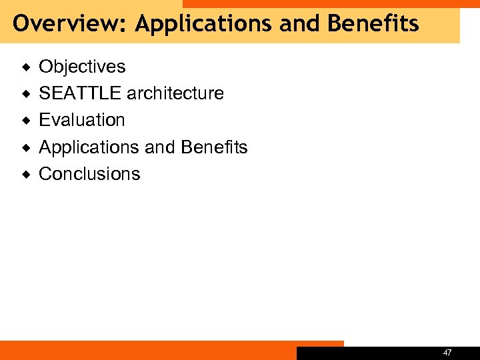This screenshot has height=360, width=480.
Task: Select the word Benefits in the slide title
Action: tap(373, 24)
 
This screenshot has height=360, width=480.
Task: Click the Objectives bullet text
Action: tap(82, 67)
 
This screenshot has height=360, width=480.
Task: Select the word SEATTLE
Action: tap(80, 93)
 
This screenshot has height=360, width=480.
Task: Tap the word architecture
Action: tap(175, 93)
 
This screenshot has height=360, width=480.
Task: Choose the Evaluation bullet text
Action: tap(82, 120)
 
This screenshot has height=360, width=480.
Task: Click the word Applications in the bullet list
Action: tap(89, 147)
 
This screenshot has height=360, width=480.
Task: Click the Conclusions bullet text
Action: tap(89, 174)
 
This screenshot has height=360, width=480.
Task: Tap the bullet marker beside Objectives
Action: tap(26, 67)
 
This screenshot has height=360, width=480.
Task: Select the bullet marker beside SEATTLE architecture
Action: tap(26, 94)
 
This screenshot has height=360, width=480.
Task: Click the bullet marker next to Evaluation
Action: tap(26, 121)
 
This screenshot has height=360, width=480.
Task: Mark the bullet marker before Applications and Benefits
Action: tap(26, 147)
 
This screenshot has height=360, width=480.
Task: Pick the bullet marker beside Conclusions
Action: tap(26, 175)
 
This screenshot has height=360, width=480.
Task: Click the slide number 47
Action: tap(447, 352)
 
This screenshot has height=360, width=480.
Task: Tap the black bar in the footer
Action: tap(373, 353)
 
